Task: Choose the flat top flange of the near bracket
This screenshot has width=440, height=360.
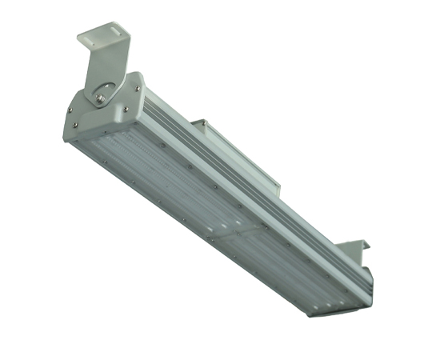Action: [x=104, y=34]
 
